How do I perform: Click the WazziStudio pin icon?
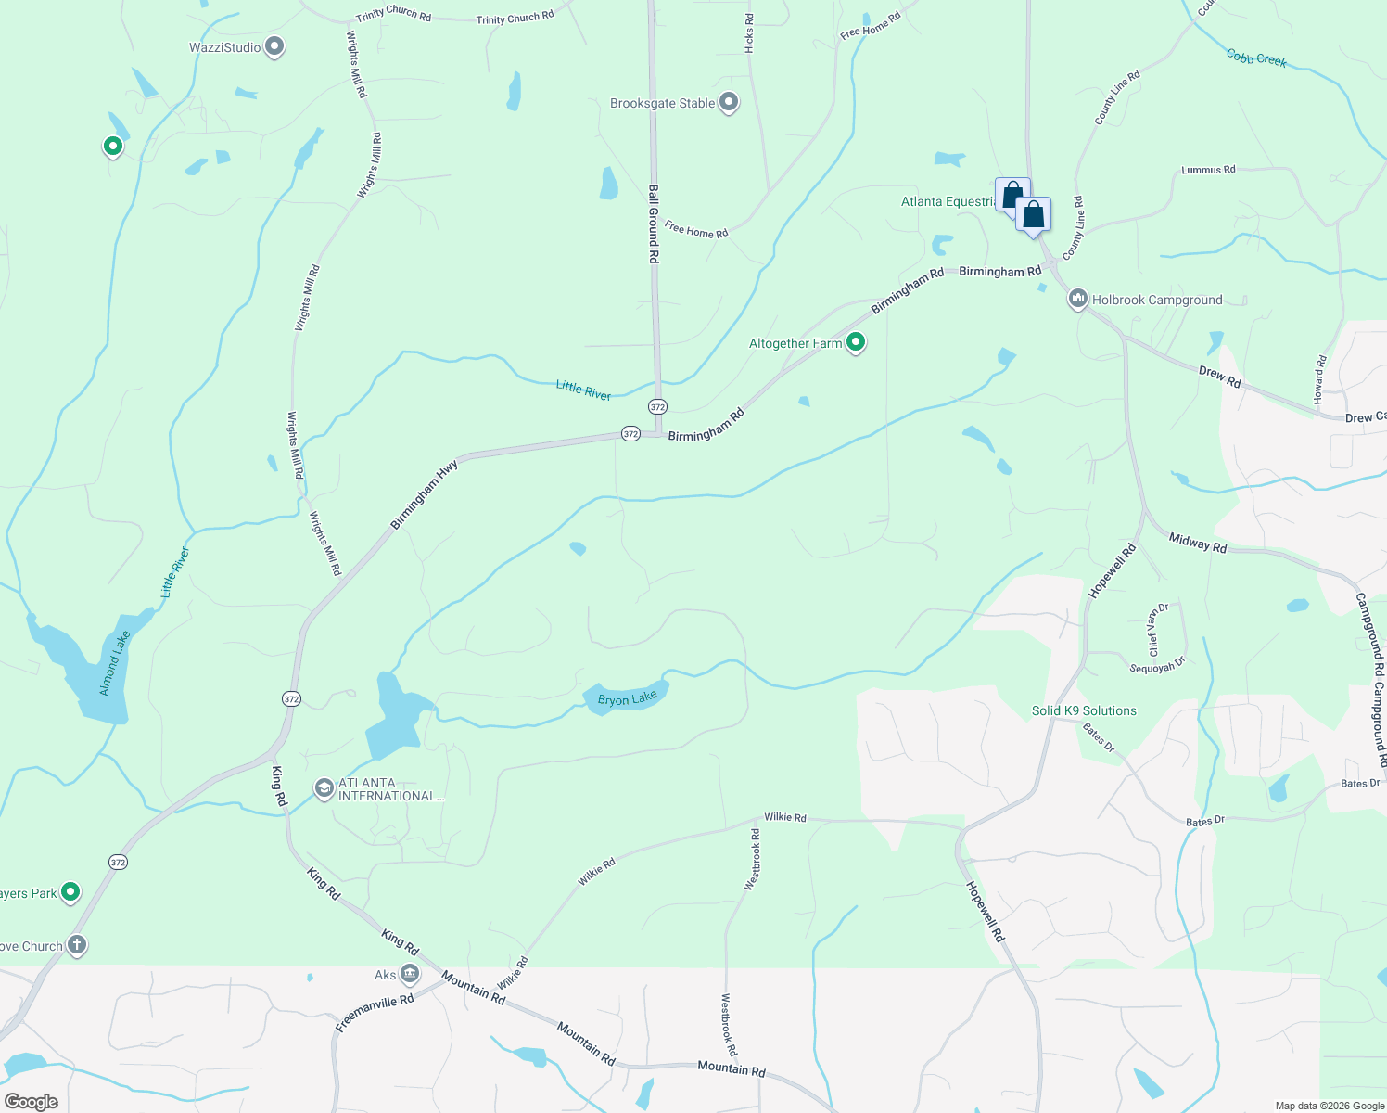point(274,46)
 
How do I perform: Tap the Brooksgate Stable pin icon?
point(729,102)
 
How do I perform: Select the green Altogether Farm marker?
point(856,343)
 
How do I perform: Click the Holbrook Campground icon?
point(1077,299)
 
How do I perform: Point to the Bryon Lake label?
point(628,698)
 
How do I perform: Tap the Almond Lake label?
point(116,663)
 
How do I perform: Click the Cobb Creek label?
point(1256,58)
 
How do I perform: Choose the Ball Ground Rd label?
point(654,224)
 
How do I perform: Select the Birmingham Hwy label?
point(425,496)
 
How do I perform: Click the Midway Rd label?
point(1198,543)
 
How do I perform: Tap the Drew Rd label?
point(1219,377)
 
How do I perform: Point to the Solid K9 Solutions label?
point(1084,711)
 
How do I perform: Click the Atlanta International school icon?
point(324,789)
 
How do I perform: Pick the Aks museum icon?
point(410,974)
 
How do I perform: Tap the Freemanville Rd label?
point(375,1014)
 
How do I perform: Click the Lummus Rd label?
point(1208,171)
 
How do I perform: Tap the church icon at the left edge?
point(77,946)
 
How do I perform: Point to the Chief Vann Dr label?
point(1156,630)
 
